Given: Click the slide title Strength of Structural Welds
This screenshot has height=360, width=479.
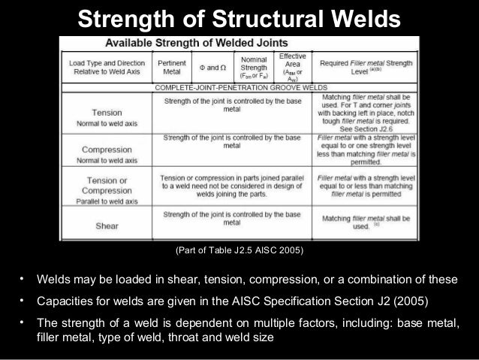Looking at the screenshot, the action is [x=239, y=17].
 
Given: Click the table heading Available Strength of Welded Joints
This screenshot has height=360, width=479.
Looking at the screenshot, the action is [x=238, y=43].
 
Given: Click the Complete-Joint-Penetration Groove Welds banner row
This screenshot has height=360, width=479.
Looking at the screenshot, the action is [x=239, y=88].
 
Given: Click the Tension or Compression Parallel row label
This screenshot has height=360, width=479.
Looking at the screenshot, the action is [x=107, y=191].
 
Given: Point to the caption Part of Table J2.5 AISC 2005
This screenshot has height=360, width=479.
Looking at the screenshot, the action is [x=239, y=250].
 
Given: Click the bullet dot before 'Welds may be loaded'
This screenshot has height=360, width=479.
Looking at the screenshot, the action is [x=23, y=280].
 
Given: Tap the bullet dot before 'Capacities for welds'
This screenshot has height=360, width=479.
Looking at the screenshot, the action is [x=23, y=301].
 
